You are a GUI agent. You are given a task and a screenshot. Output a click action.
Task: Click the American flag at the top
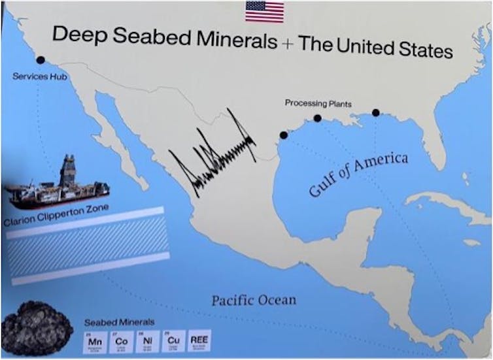(x=265, y=11)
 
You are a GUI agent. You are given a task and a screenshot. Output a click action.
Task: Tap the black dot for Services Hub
(x=41, y=59)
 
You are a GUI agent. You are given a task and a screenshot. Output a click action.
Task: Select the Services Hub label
(x=40, y=76)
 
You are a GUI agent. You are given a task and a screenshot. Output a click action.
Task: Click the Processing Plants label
(x=318, y=103)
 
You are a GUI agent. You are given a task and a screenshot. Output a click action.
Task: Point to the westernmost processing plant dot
(x=283, y=135)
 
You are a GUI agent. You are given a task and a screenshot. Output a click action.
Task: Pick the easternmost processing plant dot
(x=376, y=112)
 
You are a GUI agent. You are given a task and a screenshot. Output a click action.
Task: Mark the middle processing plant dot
(x=317, y=118)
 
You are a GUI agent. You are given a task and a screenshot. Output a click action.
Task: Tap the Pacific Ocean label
(x=254, y=301)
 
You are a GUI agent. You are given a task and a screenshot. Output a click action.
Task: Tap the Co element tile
(x=122, y=342)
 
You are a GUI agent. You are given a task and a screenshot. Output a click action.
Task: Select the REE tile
(x=199, y=342)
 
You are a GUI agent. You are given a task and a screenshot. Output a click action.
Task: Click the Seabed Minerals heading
(x=120, y=322)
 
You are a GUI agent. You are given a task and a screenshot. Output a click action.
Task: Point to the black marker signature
(x=212, y=154)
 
